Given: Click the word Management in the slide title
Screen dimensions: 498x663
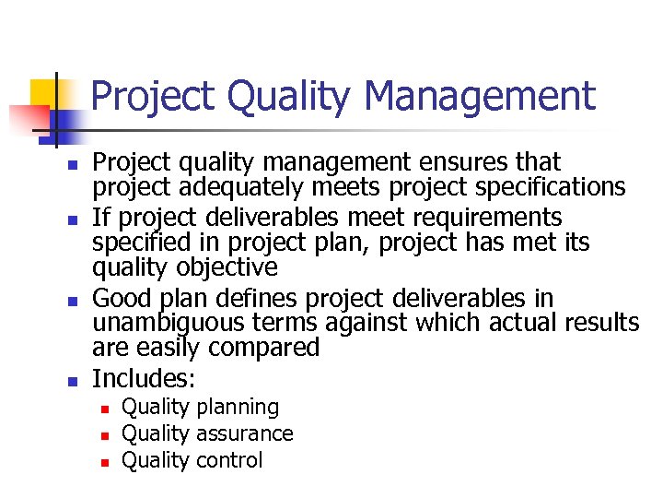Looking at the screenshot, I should [x=480, y=96].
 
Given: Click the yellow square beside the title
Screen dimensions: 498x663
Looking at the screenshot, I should [x=45, y=93].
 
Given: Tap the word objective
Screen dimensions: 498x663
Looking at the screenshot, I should [x=230, y=267].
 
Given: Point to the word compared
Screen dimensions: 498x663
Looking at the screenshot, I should [x=267, y=348].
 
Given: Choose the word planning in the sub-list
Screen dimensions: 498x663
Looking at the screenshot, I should [x=237, y=408].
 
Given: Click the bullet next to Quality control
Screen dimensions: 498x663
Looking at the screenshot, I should [x=106, y=461].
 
